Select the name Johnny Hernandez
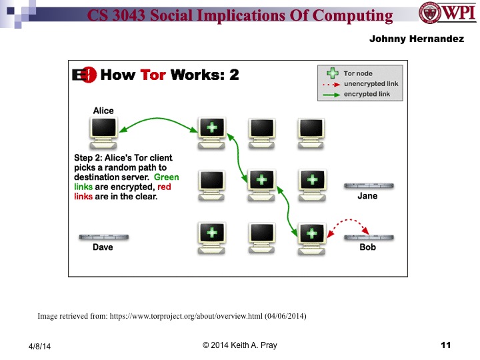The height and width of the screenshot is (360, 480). [x=416, y=39]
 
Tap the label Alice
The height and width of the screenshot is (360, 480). [x=103, y=111]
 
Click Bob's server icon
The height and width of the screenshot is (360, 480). [x=367, y=237]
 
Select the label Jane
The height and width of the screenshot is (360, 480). [x=367, y=196]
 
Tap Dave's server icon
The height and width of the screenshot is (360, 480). [x=103, y=237]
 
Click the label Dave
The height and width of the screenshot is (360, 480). [x=103, y=247]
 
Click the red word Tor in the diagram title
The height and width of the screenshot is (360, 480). [x=153, y=75]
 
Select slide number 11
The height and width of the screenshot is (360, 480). [x=446, y=345]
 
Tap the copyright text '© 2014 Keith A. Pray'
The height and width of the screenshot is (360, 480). [x=239, y=345]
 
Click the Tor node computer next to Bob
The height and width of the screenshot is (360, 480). [x=311, y=237]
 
